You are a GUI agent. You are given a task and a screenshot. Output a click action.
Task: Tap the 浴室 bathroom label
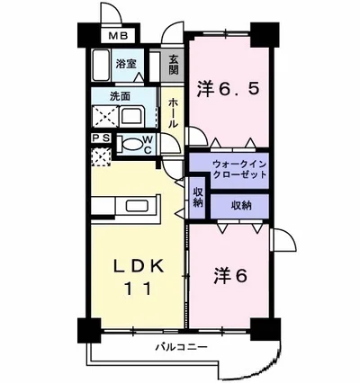tap(127, 64)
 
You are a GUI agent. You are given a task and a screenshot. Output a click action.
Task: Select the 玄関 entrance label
tap(174, 65)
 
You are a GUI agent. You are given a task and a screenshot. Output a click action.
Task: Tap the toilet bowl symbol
tap(132, 144)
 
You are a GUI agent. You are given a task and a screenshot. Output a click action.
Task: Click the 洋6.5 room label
tap(229, 88)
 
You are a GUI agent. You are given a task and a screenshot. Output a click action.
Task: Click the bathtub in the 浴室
tap(105, 68)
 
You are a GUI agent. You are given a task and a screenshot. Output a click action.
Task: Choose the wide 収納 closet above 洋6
tap(240, 206)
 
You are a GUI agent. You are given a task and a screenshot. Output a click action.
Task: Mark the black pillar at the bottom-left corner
tap(86, 329)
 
